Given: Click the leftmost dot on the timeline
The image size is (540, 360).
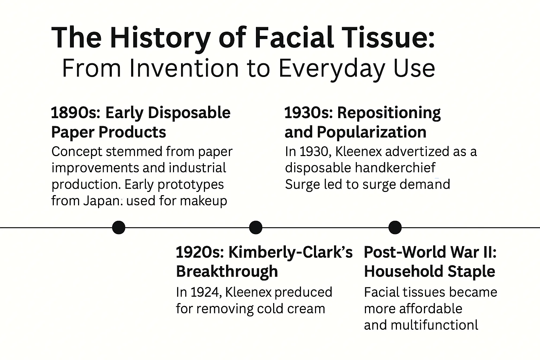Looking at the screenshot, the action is click(x=118, y=227).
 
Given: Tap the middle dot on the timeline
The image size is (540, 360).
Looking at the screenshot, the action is click(x=256, y=227).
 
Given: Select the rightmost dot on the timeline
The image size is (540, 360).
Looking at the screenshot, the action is click(x=395, y=227).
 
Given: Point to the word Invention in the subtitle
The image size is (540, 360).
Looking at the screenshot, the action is click(x=184, y=69).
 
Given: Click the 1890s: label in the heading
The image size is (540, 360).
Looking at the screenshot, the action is click(x=76, y=113).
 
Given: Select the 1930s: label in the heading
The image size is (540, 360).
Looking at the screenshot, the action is click(x=309, y=113).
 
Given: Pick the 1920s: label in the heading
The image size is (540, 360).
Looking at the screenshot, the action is click(x=200, y=252).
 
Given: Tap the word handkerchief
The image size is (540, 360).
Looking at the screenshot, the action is click(x=396, y=168).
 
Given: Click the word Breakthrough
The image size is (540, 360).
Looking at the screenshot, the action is click(x=227, y=271).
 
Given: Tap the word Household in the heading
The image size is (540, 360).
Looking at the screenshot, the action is click(x=404, y=271).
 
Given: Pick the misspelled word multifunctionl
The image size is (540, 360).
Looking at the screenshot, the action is click(x=435, y=325).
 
